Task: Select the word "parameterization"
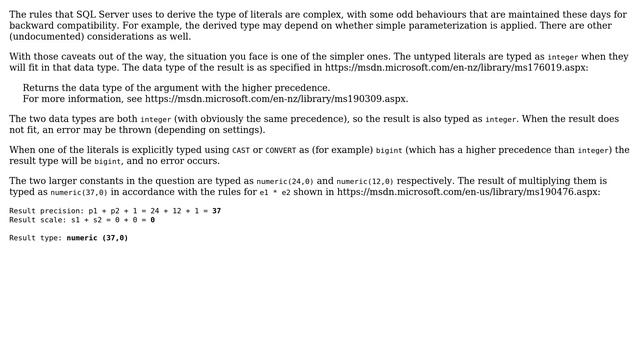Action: pyautogui.click(x=366, y=25)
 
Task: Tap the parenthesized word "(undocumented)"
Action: pyautogui.click(x=43, y=36)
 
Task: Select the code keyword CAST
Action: pyautogui.click(x=241, y=150)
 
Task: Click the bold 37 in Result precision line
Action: pyautogui.click(x=216, y=211)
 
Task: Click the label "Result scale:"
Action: pyautogui.click(x=37, y=220)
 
